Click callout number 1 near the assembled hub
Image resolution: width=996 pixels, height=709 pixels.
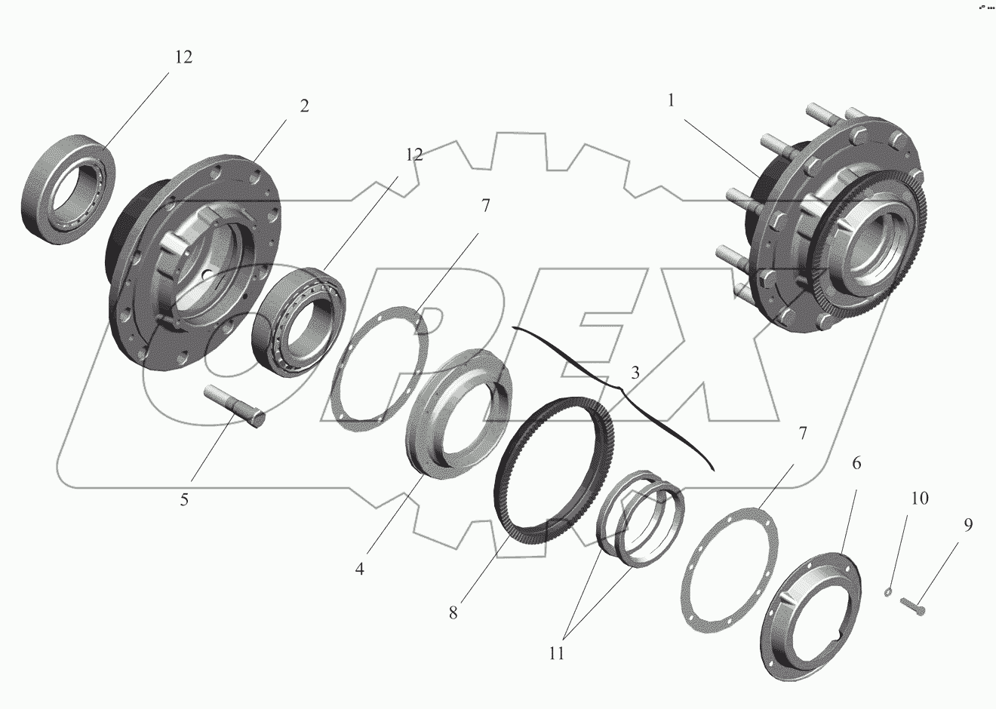pyautogui.click(x=671, y=100)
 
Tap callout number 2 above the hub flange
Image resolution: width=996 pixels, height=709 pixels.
pyautogui.click(x=304, y=106)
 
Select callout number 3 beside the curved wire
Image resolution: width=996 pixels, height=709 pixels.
pyautogui.click(x=635, y=373)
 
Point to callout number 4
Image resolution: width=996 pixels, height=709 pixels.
pyautogui.click(x=359, y=569)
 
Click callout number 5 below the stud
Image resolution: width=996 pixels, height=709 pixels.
pyautogui.click(x=184, y=499)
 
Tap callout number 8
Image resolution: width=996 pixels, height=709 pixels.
pyautogui.click(x=453, y=613)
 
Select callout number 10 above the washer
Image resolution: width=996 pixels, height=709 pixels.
pyautogui.click(x=920, y=499)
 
